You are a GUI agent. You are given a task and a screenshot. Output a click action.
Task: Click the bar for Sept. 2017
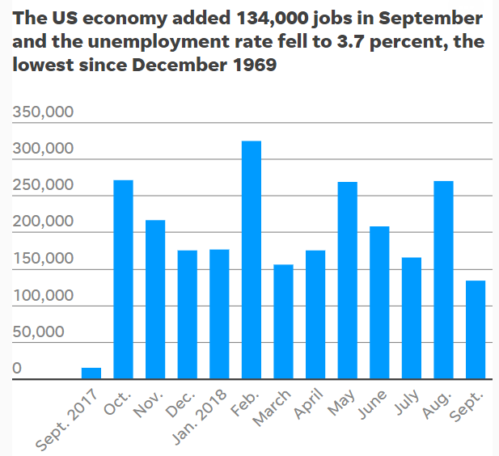click(x=91, y=373)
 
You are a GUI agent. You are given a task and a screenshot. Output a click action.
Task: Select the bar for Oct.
click(x=123, y=279)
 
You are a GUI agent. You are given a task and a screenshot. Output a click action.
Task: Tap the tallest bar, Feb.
click(x=252, y=260)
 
